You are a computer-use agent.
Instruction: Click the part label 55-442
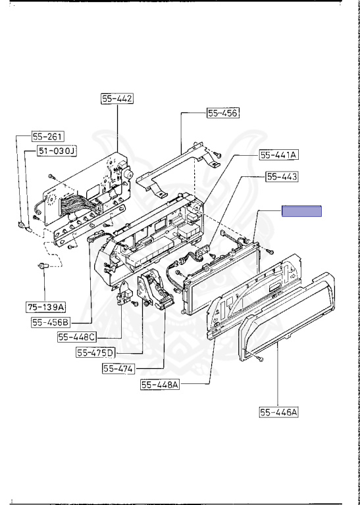pos(117,99)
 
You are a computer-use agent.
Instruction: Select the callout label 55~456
pos(223,113)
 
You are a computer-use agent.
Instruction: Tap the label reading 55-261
pos(47,137)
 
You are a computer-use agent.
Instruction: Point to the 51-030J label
pos(57,151)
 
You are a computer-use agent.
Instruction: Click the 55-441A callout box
pos(279,155)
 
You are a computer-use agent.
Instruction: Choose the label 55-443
pos(282,176)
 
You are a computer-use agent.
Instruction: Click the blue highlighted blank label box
pos(301,211)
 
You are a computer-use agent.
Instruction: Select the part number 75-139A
pos(46,307)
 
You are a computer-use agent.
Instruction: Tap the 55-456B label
pos(51,322)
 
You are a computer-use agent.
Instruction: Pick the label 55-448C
pos(77,337)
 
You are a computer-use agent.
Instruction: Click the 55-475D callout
pos(95,353)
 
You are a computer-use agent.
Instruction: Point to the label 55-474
pos(118,368)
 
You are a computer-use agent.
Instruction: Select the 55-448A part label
pos(160,385)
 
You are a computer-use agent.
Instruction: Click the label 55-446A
pos(279,412)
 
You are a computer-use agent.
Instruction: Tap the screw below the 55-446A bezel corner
pos(261,359)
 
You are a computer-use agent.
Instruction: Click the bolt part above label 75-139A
pos(43,266)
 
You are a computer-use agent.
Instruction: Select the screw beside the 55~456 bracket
pos(218,155)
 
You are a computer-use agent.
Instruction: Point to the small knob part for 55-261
pos(20,224)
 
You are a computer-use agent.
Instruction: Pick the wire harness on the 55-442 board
pos(78,204)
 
